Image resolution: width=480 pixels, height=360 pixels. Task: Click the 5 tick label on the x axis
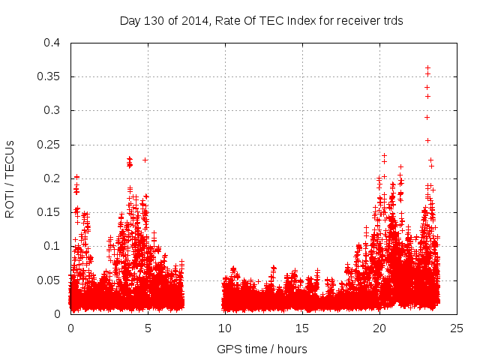coord(148,328)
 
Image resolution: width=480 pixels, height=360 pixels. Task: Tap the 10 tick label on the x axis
coord(225,328)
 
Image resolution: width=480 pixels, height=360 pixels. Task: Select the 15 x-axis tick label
coord(302,328)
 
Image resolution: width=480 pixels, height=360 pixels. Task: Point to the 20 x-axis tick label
coord(379,328)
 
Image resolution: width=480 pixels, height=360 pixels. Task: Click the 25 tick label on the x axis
coord(457,328)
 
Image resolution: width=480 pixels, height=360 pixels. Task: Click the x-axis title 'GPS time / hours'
coord(262,349)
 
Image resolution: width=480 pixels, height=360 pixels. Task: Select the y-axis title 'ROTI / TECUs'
coord(10,178)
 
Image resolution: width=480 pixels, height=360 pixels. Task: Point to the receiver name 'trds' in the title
coord(391,21)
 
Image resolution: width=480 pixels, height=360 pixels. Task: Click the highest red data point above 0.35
coord(427,68)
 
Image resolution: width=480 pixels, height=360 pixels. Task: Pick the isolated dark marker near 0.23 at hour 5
coord(145,160)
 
